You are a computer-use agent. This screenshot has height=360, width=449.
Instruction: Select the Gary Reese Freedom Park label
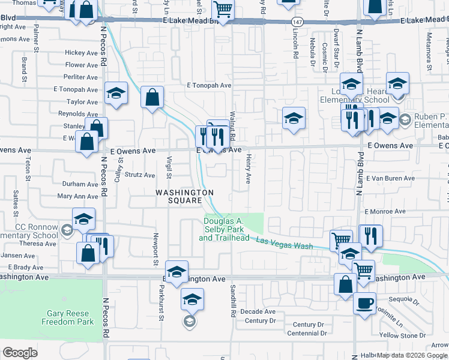68,317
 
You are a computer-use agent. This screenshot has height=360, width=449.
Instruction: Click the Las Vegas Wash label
285,243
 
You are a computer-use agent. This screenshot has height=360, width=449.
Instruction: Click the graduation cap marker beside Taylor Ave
116,93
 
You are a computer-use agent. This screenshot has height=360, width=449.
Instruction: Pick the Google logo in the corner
20,353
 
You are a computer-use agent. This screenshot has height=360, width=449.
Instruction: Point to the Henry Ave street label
248,169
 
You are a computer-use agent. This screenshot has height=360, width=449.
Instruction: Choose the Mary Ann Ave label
77,196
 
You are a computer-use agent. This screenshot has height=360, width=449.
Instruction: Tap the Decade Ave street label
258,311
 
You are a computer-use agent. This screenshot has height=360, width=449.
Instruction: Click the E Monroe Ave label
385,212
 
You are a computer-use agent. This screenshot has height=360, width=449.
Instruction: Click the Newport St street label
155,249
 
